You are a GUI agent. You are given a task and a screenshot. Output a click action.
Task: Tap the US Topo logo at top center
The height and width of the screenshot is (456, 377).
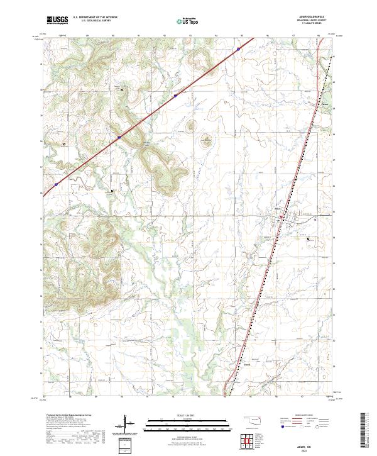click(188, 20)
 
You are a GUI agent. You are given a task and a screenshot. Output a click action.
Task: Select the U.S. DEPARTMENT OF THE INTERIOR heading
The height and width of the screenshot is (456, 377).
click(94, 18)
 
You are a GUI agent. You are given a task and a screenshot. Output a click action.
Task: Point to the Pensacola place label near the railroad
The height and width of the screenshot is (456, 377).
click(325, 104)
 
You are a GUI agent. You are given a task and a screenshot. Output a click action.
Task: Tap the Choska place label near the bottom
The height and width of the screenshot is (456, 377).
click(247, 364)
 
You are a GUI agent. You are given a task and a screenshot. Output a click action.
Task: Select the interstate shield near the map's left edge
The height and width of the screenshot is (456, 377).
click(56, 184)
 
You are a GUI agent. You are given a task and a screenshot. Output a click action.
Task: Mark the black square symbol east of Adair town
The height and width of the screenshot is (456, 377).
click(308, 238)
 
